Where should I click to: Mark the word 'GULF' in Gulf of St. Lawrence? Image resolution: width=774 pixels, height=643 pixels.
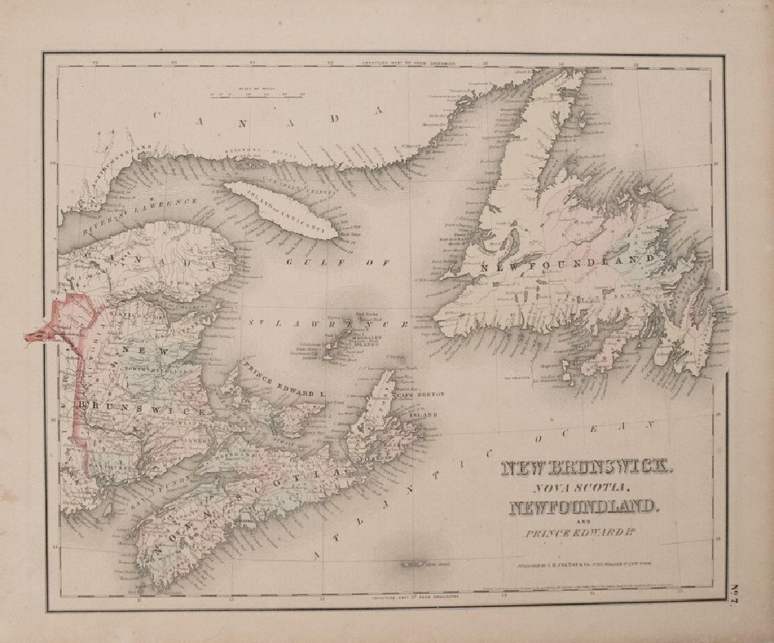click(307, 261)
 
